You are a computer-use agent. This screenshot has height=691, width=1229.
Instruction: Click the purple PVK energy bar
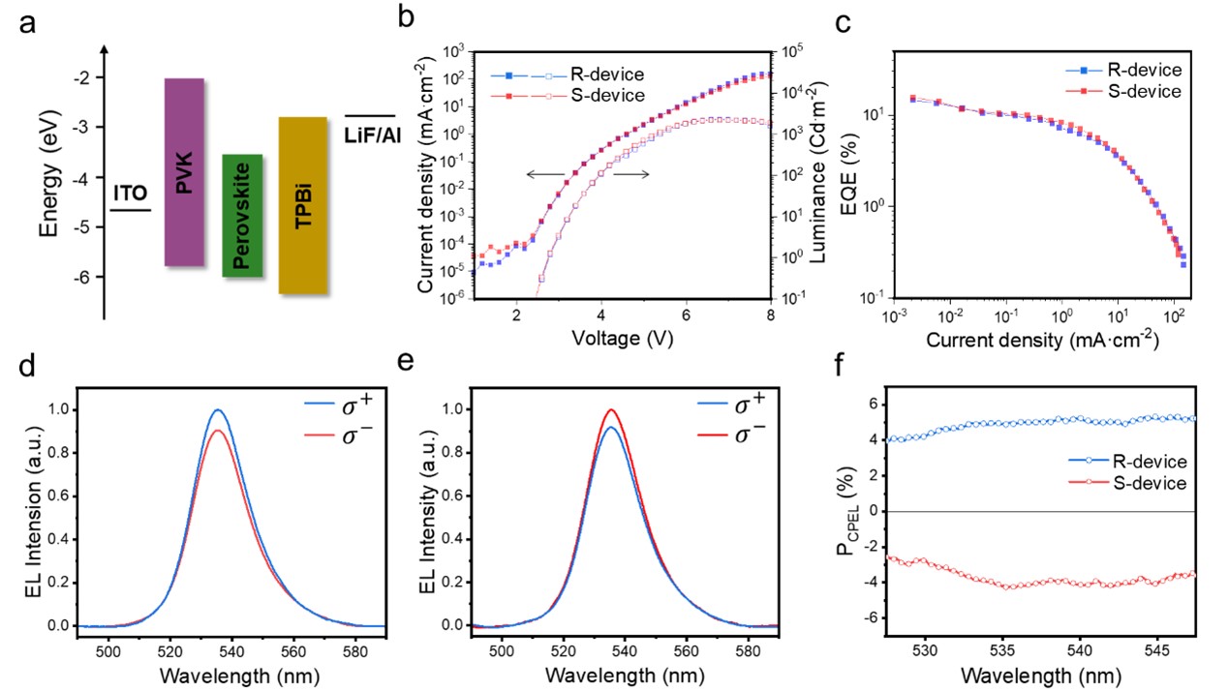(x=184, y=171)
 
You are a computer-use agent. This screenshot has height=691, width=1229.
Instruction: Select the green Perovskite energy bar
(x=242, y=215)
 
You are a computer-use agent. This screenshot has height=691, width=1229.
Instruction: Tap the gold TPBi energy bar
(x=302, y=205)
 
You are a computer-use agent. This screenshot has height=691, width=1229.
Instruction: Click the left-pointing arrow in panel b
(x=544, y=174)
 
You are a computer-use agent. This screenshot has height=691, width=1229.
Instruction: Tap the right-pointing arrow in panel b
(x=630, y=174)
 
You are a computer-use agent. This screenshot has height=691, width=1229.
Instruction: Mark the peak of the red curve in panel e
(x=611, y=409)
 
